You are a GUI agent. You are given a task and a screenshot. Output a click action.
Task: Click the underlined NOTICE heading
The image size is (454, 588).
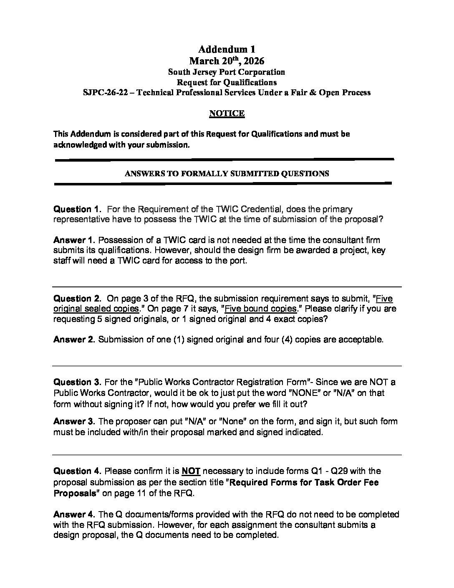point(227,113)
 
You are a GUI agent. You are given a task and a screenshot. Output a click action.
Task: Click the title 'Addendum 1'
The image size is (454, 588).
point(227,49)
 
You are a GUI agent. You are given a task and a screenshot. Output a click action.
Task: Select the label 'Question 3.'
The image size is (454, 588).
point(77,383)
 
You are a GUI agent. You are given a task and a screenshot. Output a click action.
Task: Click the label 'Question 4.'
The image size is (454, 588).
point(77,471)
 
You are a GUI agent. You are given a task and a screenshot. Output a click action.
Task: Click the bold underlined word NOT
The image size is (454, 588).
point(191,471)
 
